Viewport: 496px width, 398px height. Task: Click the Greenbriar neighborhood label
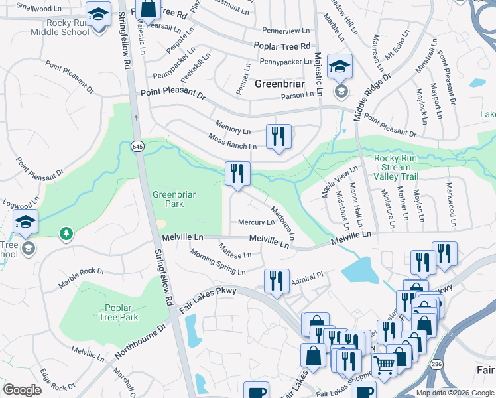click(x=280, y=84)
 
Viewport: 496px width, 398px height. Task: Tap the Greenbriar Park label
click(x=168, y=199)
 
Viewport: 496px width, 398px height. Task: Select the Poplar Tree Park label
click(x=121, y=312)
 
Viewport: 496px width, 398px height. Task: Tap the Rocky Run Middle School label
click(x=64, y=27)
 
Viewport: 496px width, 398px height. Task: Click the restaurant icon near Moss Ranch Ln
click(x=279, y=137)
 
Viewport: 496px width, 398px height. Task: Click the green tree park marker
click(x=66, y=233)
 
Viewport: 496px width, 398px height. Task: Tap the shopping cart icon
click(x=384, y=364)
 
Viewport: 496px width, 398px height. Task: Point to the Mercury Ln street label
click(x=251, y=222)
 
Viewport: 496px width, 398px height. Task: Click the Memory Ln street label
click(x=233, y=126)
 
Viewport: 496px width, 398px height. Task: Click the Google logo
click(x=22, y=390)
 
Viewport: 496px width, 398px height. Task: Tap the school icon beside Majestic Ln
click(x=340, y=66)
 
